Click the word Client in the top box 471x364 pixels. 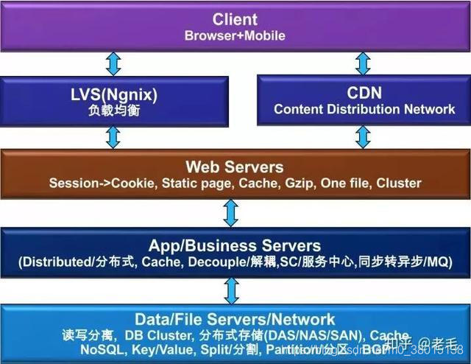coord(235,18)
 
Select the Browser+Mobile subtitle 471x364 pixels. coord(235,35)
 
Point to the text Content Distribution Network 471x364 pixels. coord(364,109)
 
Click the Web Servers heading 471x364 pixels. coord(234,167)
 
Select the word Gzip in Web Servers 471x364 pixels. coord(299,183)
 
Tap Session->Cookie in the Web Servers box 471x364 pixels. coord(92,183)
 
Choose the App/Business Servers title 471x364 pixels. coord(235,245)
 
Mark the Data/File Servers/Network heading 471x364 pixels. coord(235,320)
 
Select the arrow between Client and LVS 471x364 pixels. coord(113,63)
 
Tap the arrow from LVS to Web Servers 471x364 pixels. coord(113,137)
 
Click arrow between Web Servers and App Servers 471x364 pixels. coord(231,213)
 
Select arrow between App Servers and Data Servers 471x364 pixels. coord(231,290)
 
